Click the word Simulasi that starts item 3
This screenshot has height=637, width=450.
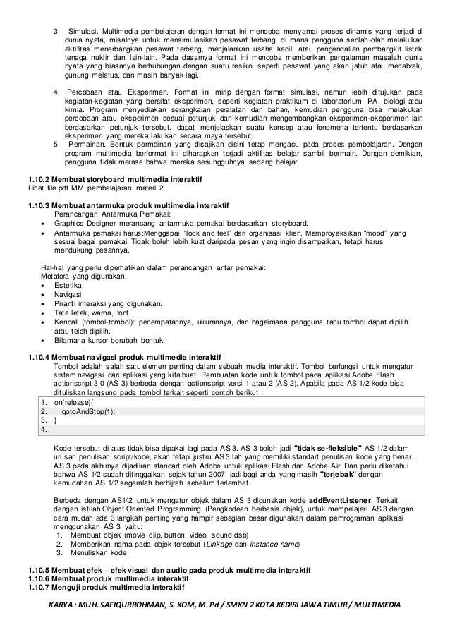click(x=84, y=32)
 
